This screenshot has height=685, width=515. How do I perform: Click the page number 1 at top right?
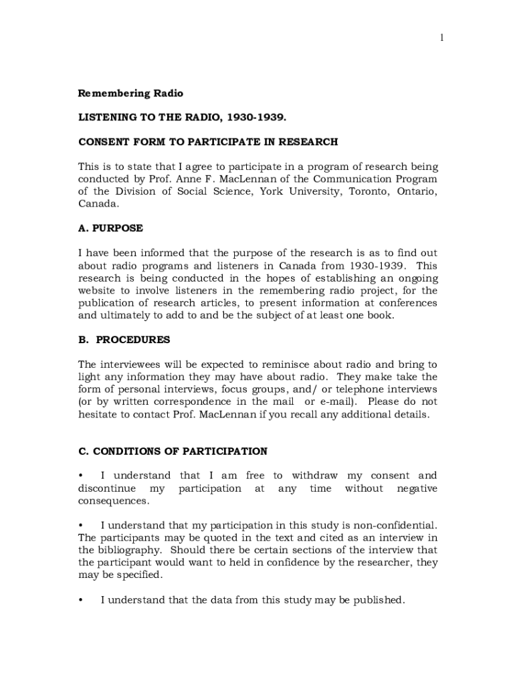[x=441, y=38]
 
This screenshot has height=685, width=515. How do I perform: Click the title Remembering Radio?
[x=130, y=93]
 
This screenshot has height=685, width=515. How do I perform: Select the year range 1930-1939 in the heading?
[x=255, y=117]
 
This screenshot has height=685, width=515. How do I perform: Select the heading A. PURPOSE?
[x=110, y=228]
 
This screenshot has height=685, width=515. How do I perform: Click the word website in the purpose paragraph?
[x=99, y=290]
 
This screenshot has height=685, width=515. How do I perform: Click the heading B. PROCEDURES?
[x=124, y=340]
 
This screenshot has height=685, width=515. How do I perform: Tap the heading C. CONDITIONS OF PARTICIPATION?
[x=173, y=452]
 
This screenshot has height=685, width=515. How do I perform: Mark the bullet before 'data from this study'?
[x=81, y=600]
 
